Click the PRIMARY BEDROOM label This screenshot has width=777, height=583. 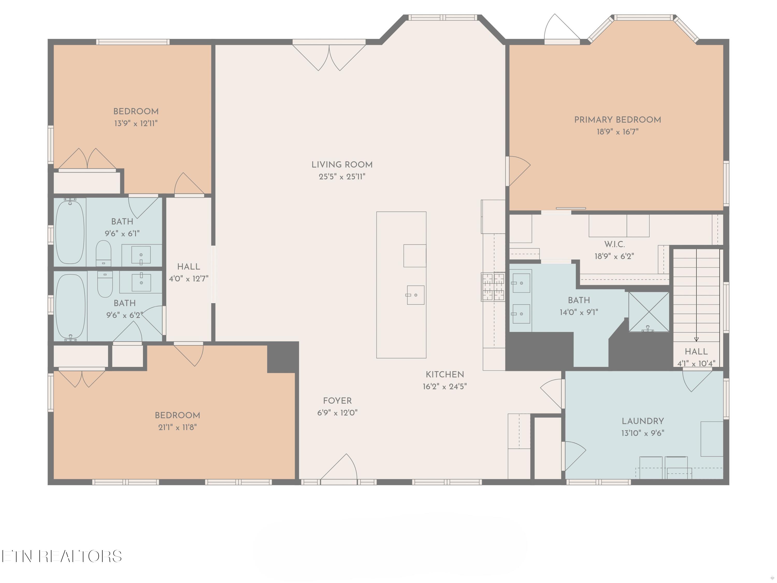617,120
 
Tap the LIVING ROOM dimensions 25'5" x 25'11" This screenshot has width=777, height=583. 342,177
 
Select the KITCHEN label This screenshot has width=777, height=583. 445,375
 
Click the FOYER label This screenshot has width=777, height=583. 337,401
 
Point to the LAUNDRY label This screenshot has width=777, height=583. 643,421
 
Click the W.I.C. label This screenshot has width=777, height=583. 614,244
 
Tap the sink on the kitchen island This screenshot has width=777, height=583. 415,295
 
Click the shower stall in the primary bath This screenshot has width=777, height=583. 649,312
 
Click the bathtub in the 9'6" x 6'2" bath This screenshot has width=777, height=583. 70,307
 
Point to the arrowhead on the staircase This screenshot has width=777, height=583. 696,339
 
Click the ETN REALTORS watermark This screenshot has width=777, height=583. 62,556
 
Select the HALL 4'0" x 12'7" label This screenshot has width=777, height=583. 189,272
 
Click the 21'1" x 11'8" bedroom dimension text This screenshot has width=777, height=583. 177,427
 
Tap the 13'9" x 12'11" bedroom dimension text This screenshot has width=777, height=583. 136,123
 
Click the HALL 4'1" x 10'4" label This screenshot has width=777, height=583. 696,357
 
